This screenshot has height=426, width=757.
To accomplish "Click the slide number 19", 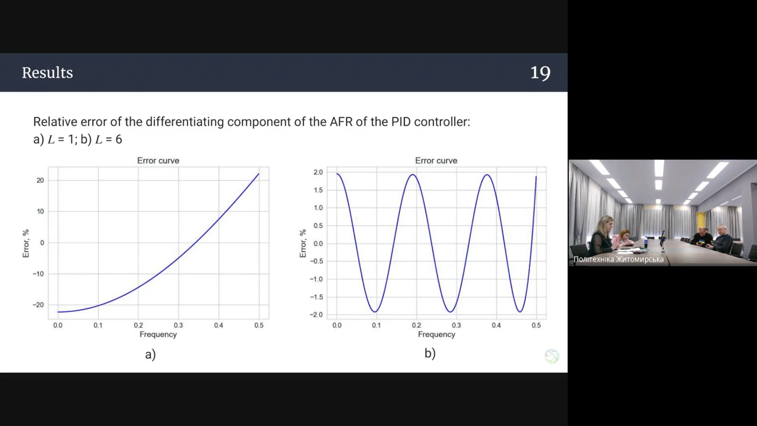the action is point(540,73).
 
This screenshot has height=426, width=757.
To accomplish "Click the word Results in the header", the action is point(47,73).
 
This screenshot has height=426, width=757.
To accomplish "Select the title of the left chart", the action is point(158,161).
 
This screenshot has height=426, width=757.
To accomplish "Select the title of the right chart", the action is point(436,161).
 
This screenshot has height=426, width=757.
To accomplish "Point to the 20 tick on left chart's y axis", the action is point(40,180).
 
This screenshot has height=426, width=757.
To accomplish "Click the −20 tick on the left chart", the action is point(38,305).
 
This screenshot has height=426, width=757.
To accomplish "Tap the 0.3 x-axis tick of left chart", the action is point(178,325).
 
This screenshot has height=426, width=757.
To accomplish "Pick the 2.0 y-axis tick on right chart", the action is point(318,172).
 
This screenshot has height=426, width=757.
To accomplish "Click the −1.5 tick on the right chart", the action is point(316,297).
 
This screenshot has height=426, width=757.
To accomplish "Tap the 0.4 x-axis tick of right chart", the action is point(496,325).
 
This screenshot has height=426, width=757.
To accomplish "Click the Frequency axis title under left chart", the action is point(158,334).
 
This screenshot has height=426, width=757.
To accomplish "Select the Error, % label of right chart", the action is point(303,243).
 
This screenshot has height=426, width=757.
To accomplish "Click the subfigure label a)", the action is point(151,354).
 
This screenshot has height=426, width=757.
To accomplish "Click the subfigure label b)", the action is point(430,353).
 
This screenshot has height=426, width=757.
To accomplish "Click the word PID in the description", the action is point(401,122).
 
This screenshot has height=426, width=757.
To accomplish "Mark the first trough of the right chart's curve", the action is point(375,312).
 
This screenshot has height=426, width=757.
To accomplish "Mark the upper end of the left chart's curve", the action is point(259,174).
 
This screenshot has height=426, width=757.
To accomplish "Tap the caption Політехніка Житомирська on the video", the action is point(619,259).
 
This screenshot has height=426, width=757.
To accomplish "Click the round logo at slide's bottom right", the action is point(552,356).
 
